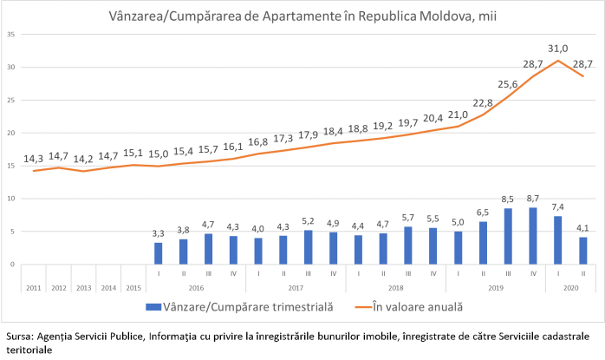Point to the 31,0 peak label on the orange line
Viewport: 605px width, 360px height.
point(557,49)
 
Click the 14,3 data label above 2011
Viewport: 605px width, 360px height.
point(33,158)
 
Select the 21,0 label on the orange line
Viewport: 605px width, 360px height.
point(458,115)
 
